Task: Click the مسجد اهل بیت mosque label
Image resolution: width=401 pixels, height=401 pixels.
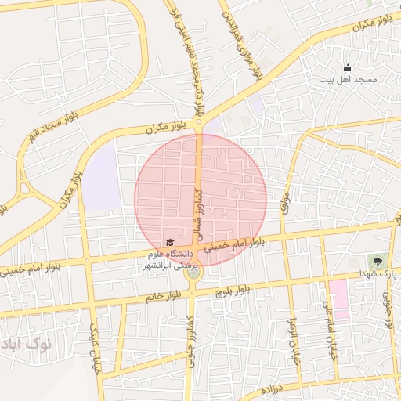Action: click(348, 80)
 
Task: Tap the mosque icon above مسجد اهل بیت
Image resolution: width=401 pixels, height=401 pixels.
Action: click(348, 68)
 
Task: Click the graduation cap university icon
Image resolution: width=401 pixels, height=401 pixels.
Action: click(170, 242)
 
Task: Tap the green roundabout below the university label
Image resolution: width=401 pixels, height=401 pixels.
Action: click(192, 273)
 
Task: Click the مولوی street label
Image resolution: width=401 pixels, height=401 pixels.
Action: click(285, 204)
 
